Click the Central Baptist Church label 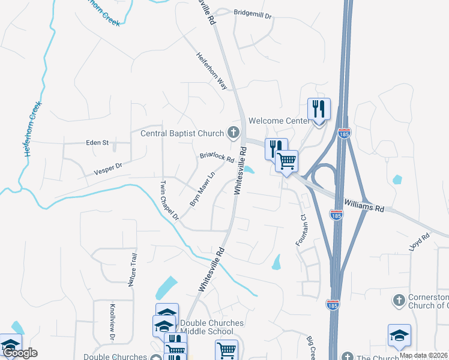[182, 133]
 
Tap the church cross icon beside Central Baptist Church [232, 133]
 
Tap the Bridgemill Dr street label [253, 12]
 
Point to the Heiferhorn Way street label [212, 71]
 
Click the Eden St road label [97, 143]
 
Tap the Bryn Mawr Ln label [202, 190]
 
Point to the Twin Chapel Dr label [170, 199]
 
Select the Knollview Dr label [112, 323]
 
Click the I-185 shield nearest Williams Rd [337, 214]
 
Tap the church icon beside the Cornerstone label [399, 299]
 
